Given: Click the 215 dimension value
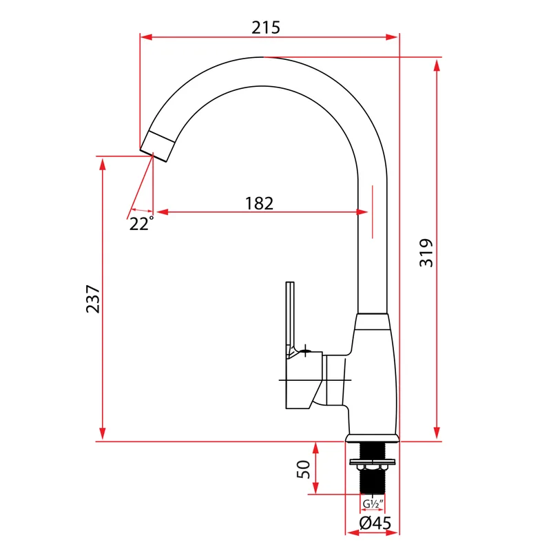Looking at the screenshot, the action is coord(266,28).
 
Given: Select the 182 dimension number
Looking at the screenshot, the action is coord(259,203).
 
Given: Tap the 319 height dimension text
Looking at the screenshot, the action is coord(426,253).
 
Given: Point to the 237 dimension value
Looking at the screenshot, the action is coord(93,299).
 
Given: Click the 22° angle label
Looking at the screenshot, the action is coord(142,223).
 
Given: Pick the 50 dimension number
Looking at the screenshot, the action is coord(304,469).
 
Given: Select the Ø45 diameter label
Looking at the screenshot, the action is coord(375,523).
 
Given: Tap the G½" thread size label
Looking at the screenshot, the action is coord(373,504).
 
